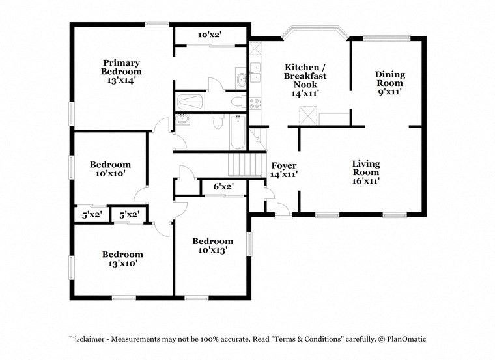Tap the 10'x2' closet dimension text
click(210, 35)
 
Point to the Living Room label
click(365, 173)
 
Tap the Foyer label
click(284, 170)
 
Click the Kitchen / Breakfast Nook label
click(304, 80)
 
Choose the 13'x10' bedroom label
click(122, 259)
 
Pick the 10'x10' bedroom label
click(110, 169)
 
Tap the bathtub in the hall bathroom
click(237, 135)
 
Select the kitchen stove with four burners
click(255, 103)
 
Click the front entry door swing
click(283, 210)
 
